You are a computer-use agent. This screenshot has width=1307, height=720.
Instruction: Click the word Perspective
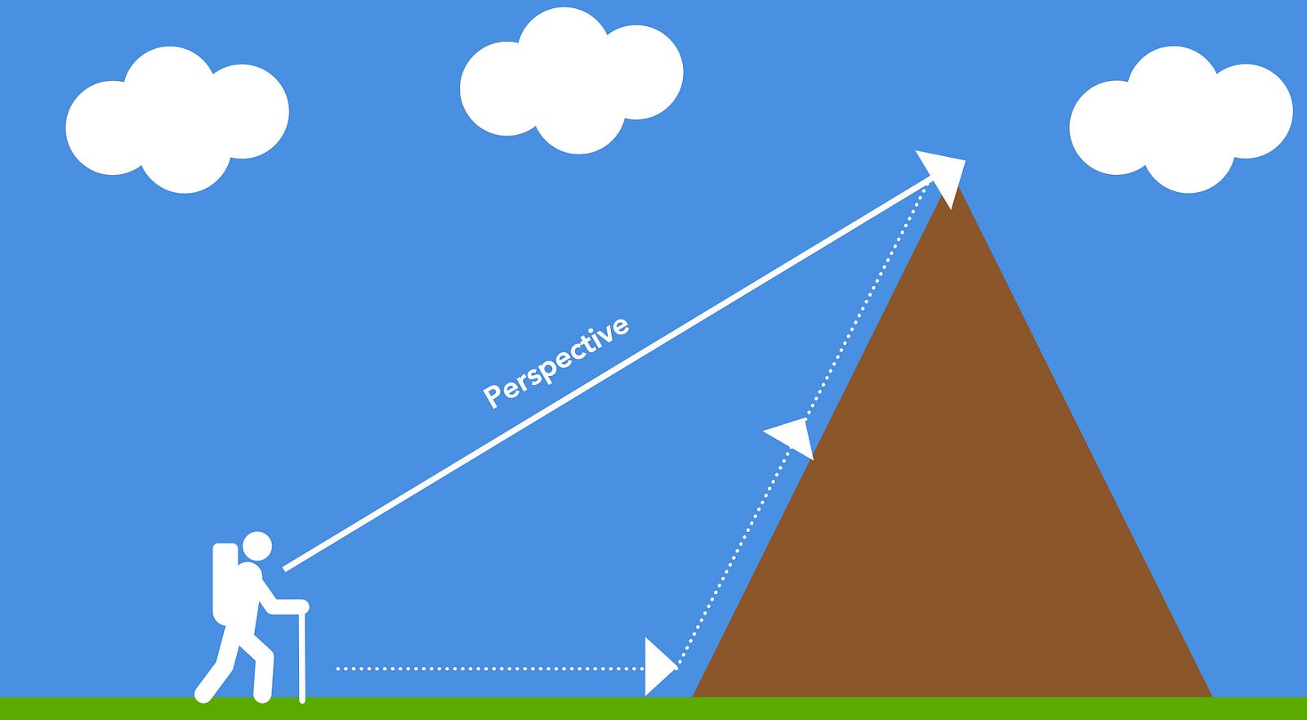click(556, 362)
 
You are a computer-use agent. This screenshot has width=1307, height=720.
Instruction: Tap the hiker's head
click(256, 545)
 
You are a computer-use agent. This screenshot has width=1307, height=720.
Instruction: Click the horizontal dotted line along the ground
click(490, 669)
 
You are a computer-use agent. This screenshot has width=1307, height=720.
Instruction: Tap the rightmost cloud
click(1180, 123)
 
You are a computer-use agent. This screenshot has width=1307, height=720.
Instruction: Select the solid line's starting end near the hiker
click(287, 566)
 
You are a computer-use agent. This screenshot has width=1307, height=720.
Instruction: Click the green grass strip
click(653, 709)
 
